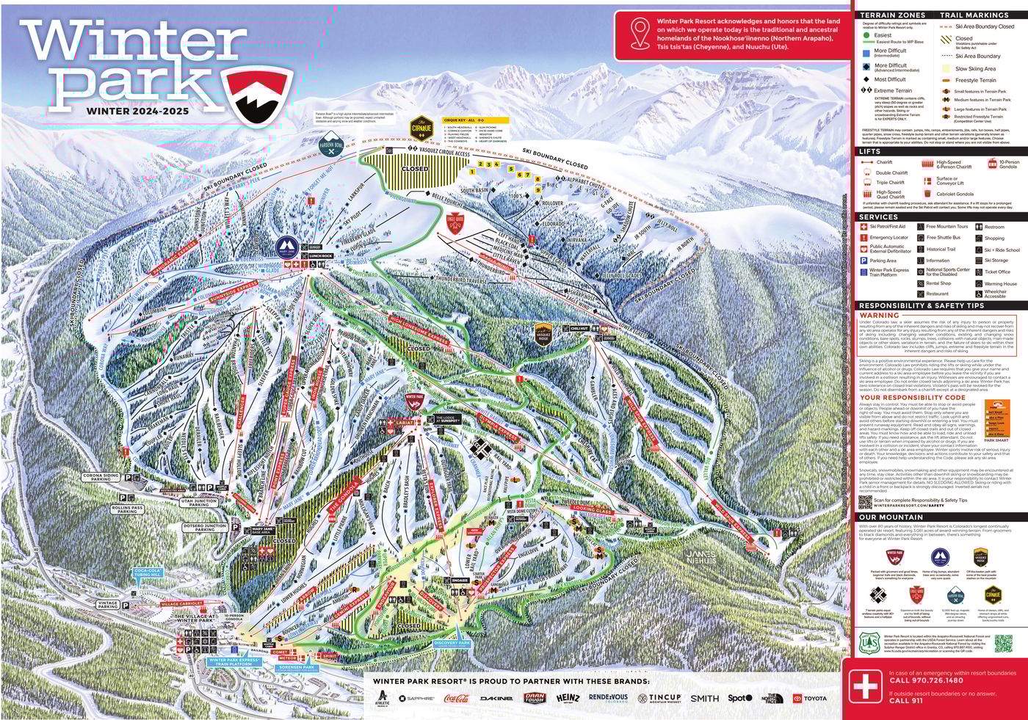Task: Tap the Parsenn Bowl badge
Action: (x=330, y=145)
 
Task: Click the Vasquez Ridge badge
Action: (x=543, y=334)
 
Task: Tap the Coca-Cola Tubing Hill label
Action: (x=147, y=572)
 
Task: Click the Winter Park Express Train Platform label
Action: (x=234, y=662)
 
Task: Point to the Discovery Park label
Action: (x=452, y=644)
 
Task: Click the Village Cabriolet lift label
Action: (x=181, y=603)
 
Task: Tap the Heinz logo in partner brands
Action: (x=568, y=698)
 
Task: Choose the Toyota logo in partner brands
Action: (x=809, y=699)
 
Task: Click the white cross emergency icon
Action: (x=865, y=687)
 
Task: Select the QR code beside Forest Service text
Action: (x=1003, y=644)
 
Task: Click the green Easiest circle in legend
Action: (x=866, y=35)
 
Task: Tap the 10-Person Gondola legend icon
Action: (x=992, y=164)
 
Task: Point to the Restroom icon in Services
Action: (x=979, y=227)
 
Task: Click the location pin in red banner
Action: (x=640, y=33)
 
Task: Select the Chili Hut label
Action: (x=579, y=329)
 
